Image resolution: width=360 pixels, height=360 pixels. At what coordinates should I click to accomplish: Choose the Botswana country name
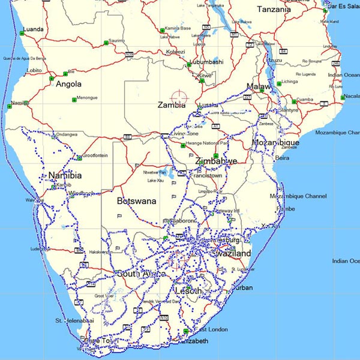point(136,201)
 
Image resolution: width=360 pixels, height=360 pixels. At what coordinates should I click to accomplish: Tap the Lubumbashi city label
point(207,62)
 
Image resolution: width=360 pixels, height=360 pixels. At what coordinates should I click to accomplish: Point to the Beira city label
point(282,158)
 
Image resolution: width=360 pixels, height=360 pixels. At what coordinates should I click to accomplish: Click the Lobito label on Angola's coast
point(34,70)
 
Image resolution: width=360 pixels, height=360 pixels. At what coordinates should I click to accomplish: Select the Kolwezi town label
point(176,52)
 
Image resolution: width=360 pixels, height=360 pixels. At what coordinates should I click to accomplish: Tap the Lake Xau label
point(155,180)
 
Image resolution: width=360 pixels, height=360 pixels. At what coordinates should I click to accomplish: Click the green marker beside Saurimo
point(105,42)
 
